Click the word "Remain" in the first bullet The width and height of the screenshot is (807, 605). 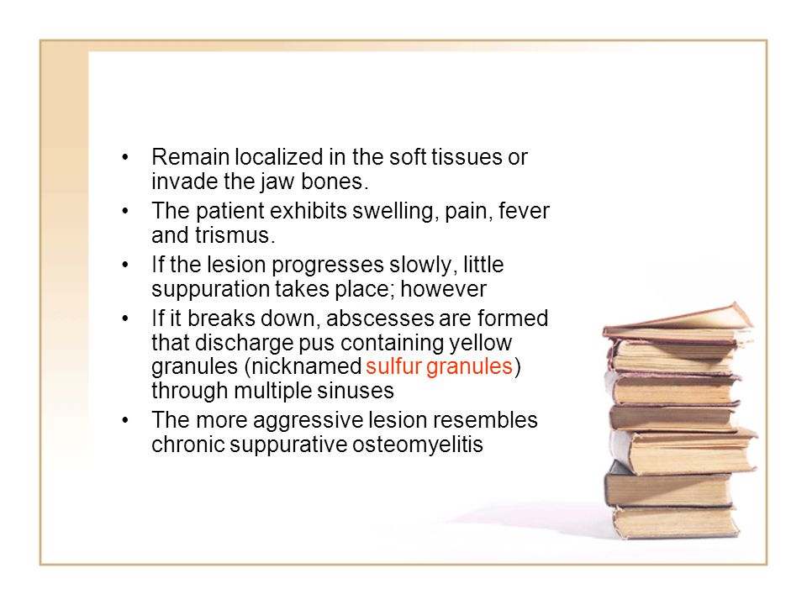191,157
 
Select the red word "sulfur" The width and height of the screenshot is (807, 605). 393,366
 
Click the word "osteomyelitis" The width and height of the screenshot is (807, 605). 418,445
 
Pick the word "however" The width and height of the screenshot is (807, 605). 443,289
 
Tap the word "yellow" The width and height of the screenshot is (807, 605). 480,343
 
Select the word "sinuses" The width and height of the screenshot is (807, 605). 355,391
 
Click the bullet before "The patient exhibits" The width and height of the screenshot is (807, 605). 125,210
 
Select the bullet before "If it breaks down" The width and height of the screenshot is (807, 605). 125,318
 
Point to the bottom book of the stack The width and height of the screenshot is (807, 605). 675,522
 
